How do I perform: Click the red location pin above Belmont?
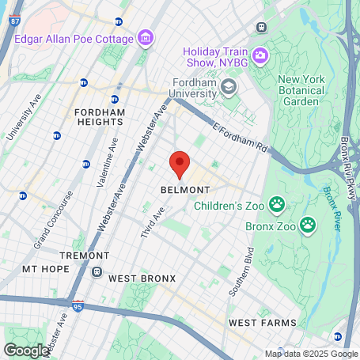point(180,164)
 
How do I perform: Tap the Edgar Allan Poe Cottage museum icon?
point(145,37)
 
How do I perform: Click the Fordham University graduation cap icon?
point(229,86)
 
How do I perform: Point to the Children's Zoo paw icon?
point(277,206)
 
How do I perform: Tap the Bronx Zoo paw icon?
point(308,226)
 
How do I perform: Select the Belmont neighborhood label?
point(185,191)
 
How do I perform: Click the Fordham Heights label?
point(100,118)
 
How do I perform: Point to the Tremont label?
point(85,256)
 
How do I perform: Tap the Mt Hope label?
point(41,269)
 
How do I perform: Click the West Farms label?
point(262,323)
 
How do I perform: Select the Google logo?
point(26,350)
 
